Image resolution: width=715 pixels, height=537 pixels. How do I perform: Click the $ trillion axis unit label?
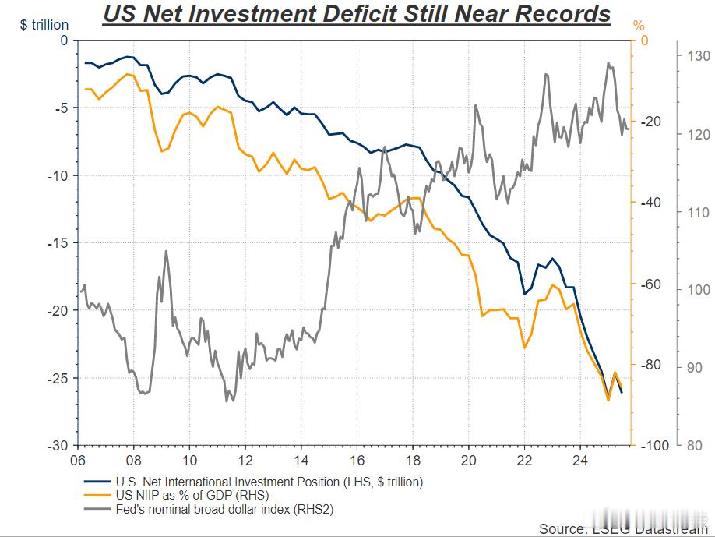[x=44, y=25]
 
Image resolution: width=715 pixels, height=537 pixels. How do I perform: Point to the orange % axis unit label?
[x=639, y=25]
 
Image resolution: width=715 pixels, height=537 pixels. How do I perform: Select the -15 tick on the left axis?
[x=58, y=243]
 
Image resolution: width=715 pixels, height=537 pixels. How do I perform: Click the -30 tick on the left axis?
[x=58, y=446]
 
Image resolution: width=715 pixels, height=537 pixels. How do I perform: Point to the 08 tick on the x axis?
[x=133, y=460]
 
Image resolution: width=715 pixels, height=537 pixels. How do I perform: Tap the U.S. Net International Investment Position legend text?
[x=269, y=482]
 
